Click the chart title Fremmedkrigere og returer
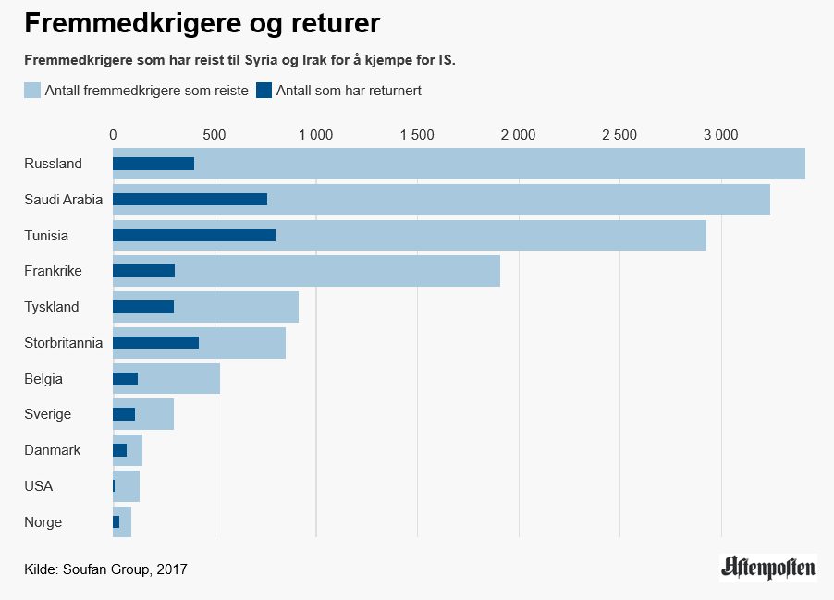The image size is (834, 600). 202,22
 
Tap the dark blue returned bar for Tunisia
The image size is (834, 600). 194,235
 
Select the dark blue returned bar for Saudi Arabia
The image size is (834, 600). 190,199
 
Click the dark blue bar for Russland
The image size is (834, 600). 153,164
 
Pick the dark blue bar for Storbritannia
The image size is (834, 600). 155,343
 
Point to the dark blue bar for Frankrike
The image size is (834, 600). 143,271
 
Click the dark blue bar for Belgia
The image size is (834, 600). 125,378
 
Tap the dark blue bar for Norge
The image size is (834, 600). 117,522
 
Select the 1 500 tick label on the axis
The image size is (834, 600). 417,135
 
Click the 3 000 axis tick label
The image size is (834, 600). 720,135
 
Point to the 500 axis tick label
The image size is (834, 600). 215,135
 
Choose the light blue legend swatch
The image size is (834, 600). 32,91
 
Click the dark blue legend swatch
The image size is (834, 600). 264,91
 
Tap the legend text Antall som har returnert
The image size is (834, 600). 349,91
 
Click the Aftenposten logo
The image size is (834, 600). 768,567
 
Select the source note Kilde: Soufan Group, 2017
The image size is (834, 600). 105,569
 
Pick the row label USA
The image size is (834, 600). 39,486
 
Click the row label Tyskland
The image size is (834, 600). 52,307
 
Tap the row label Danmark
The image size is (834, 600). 53,450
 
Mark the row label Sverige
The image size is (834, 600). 48,414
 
